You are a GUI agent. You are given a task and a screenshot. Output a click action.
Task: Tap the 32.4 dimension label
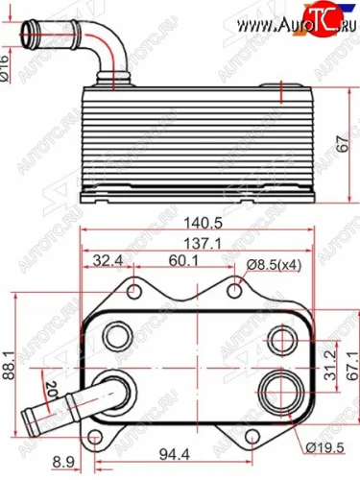pyautogui.click(x=108, y=260)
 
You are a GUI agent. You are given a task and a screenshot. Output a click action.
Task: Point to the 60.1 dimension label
pyautogui.click(x=174, y=260)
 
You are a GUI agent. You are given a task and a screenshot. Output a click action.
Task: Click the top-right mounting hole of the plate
pyautogui.click(x=237, y=287)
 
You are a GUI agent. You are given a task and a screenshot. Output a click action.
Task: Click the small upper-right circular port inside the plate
pyautogui.click(x=279, y=337)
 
